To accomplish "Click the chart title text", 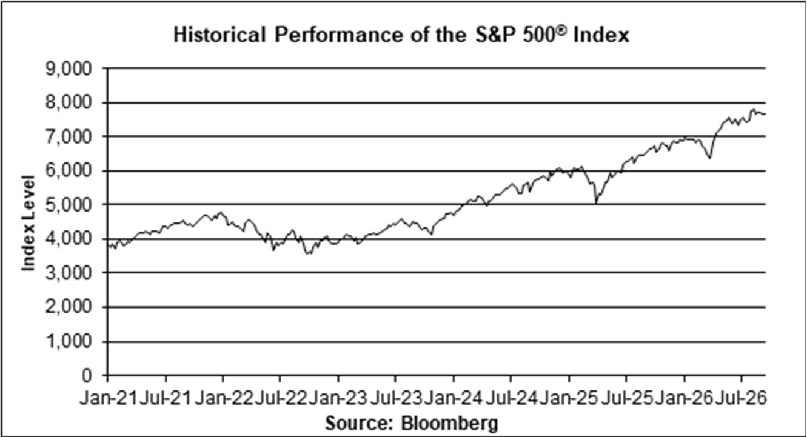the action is pyautogui.click(x=401, y=35).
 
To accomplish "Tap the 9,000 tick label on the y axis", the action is pyautogui.click(x=69, y=68).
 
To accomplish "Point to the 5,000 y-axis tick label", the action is pyautogui.click(x=69, y=205).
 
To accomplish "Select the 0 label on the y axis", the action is pyautogui.click(x=87, y=376).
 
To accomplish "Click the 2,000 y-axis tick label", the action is pyautogui.click(x=69, y=307).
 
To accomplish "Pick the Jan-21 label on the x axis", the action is pyautogui.click(x=109, y=399).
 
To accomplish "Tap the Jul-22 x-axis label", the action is pyautogui.click(x=280, y=399).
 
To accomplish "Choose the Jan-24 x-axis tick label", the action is pyautogui.click(x=454, y=399).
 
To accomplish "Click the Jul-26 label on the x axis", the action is pyautogui.click(x=741, y=399).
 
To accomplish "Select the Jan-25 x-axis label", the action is pyautogui.click(x=569, y=399).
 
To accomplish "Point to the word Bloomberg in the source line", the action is pyautogui.click(x=450, y=423).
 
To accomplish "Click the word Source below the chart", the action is pyautogui.click(x=358, y=422).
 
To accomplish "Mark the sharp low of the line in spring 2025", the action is pyautogui.click(x=596, y=204).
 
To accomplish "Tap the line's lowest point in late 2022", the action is pyautogui.click(x=309, y=253).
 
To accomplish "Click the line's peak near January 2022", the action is pyautogui.click(x=221, y=212).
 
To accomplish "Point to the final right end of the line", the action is pyautogui.click(x=765, y=115).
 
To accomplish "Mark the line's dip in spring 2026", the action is pyautogui.click(x=710, y=158).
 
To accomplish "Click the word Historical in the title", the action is pyautogui.click(x=219, y=35).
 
